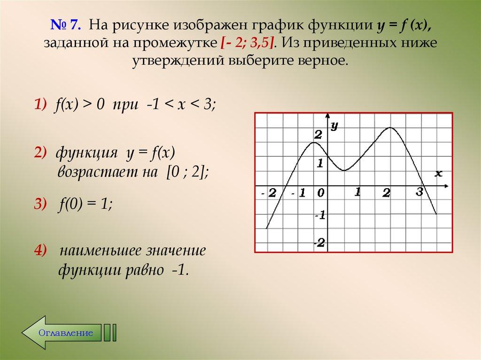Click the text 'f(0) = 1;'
(x=86, y=204)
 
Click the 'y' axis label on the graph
(x=334, y=125)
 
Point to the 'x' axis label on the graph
(x=438, y=173)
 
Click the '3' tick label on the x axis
(x=419, y=191)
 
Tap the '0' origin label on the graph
(x=320, y=192)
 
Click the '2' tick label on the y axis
(x=318, y=135)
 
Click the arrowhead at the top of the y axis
(x=327, y=115)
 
